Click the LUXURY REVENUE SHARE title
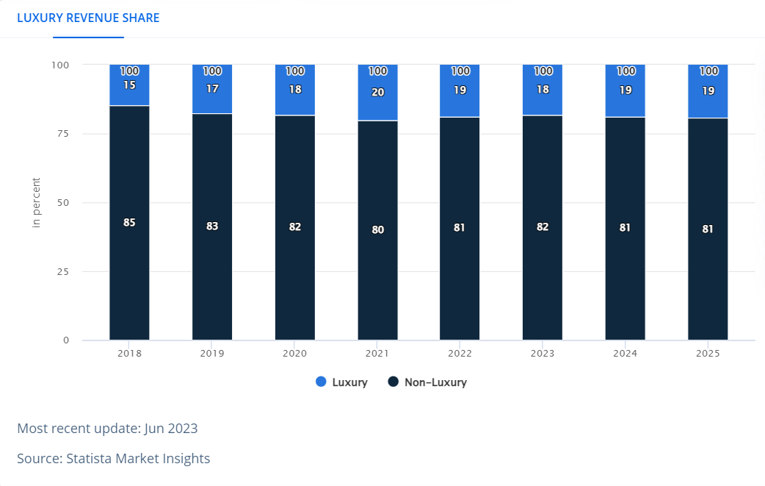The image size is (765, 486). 88,18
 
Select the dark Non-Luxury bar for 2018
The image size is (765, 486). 129,279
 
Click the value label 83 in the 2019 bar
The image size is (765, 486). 212,226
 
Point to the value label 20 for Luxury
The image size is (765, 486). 377,93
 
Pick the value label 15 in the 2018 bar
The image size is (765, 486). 129,85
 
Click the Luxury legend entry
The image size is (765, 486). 341,382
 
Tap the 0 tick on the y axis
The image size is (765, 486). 65,340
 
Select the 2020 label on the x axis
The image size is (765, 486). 294,354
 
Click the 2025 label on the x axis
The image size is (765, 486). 708,354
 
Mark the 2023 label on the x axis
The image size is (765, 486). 543,354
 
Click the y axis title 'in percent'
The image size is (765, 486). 37,202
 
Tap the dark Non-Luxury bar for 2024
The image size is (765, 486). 625,279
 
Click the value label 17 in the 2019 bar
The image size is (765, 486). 212,88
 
